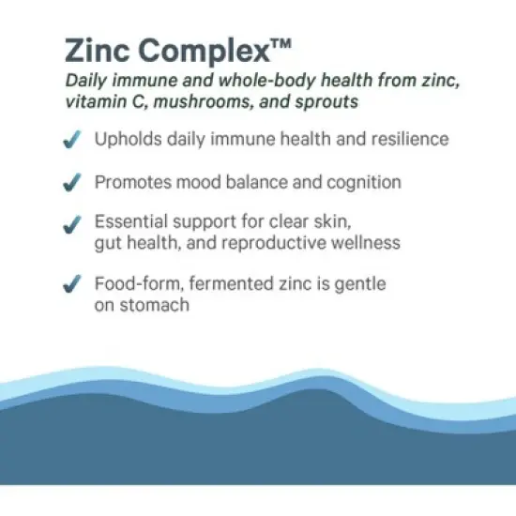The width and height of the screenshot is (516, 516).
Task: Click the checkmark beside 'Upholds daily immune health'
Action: (69, 140)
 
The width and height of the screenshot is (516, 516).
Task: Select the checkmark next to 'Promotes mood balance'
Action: (69, 183)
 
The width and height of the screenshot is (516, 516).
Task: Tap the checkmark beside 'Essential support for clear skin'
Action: (69, 226)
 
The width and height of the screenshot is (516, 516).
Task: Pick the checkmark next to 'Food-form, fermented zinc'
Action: (69, 284)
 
